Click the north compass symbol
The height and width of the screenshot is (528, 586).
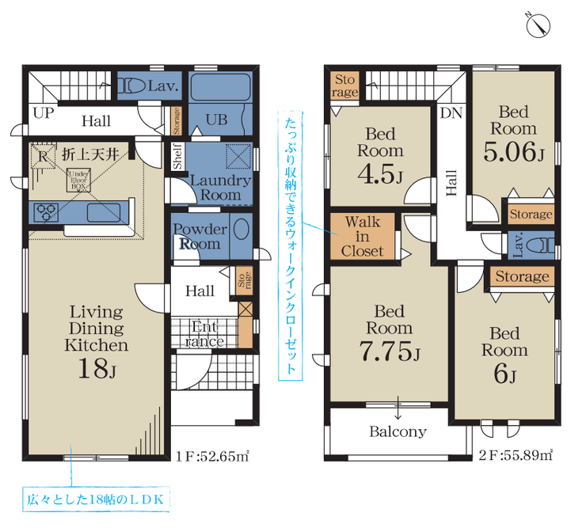tap(538, 26)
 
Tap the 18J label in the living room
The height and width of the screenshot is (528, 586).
tap(97, 368)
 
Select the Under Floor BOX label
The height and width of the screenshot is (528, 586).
tap(79, 180)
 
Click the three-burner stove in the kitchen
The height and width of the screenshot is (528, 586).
tap(46, 212)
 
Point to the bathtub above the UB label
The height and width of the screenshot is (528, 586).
tap(220, 86)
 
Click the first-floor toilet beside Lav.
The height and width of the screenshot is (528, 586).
tap(131, 86)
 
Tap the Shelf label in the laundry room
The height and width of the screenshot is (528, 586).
tap(177, 156)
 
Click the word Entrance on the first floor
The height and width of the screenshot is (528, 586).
tap(204, 334)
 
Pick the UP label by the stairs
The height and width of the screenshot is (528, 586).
tap(44, 112)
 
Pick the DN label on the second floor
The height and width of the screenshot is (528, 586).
tap(451, 112)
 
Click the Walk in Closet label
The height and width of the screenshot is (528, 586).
tap(362, 236)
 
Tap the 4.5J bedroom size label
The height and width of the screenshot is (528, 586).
tap(380, 174)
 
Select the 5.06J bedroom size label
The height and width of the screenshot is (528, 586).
tap(513, 152)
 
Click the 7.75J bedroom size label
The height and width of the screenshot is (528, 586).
tap(390, 351)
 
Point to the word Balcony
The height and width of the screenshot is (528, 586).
tap(398, 431)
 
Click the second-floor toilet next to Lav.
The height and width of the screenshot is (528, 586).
tap(540, 245)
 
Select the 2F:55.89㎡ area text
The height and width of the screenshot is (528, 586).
tap(516, 454)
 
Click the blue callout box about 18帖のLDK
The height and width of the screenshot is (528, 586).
tap(96, 500)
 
